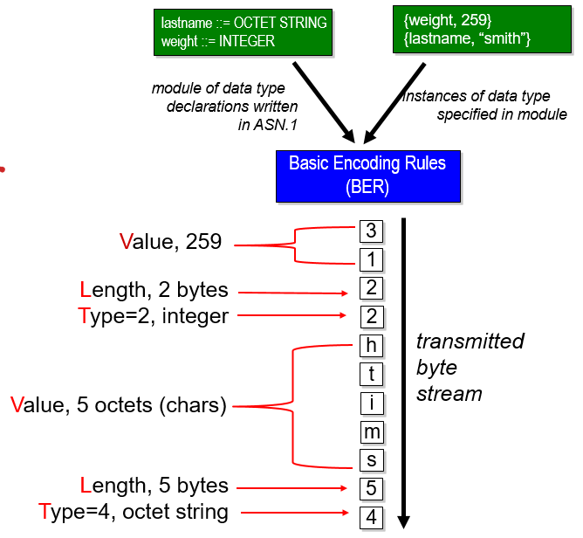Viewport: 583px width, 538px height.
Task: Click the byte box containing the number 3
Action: [x=371, y=231]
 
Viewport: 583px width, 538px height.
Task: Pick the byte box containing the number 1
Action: [x=371, y=260]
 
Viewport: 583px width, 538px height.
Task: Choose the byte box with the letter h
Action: [x=371, y=345]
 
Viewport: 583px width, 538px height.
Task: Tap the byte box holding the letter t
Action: [x=371, y=374]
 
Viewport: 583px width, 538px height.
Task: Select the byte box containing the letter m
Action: [x=371, y=431]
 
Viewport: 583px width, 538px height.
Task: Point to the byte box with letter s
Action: [x=371, y=460]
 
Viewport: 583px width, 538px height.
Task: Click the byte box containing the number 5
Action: [x=371, y=488]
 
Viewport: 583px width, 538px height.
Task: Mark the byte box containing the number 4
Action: [x=371, y=517]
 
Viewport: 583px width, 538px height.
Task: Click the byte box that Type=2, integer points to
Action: [x=371, y=317]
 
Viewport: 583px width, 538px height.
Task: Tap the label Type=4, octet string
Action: [x=134, y=513]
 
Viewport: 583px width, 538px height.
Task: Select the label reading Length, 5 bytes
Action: [x=154, y=485]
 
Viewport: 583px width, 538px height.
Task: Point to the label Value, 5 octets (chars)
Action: [x=119, y=404]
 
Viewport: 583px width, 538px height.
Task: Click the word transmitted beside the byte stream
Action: [x=470, y=341]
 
